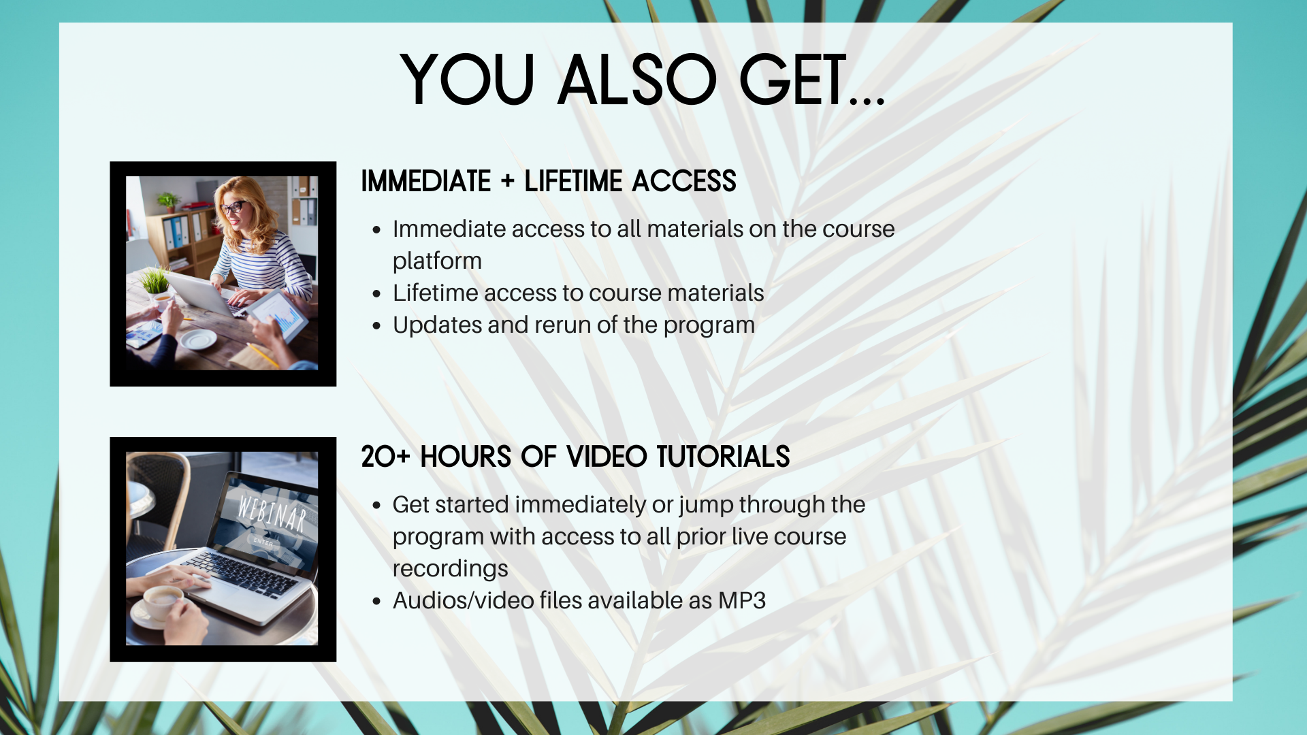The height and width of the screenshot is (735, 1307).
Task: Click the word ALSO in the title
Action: (637, 80)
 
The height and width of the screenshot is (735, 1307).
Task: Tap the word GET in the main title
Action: (793, 80)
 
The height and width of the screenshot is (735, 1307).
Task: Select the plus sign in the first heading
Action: (508, 182)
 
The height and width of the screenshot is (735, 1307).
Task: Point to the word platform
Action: (437, 261)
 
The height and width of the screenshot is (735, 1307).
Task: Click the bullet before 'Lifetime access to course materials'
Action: (376, 294)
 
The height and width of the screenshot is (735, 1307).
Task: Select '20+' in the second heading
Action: (385, 457)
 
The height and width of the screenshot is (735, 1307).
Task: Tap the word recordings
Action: (450, 569)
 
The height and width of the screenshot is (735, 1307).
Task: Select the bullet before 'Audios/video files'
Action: (376, 602)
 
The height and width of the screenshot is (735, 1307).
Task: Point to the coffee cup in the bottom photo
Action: (163, 602)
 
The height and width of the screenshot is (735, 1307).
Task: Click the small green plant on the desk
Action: (155, 282)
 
